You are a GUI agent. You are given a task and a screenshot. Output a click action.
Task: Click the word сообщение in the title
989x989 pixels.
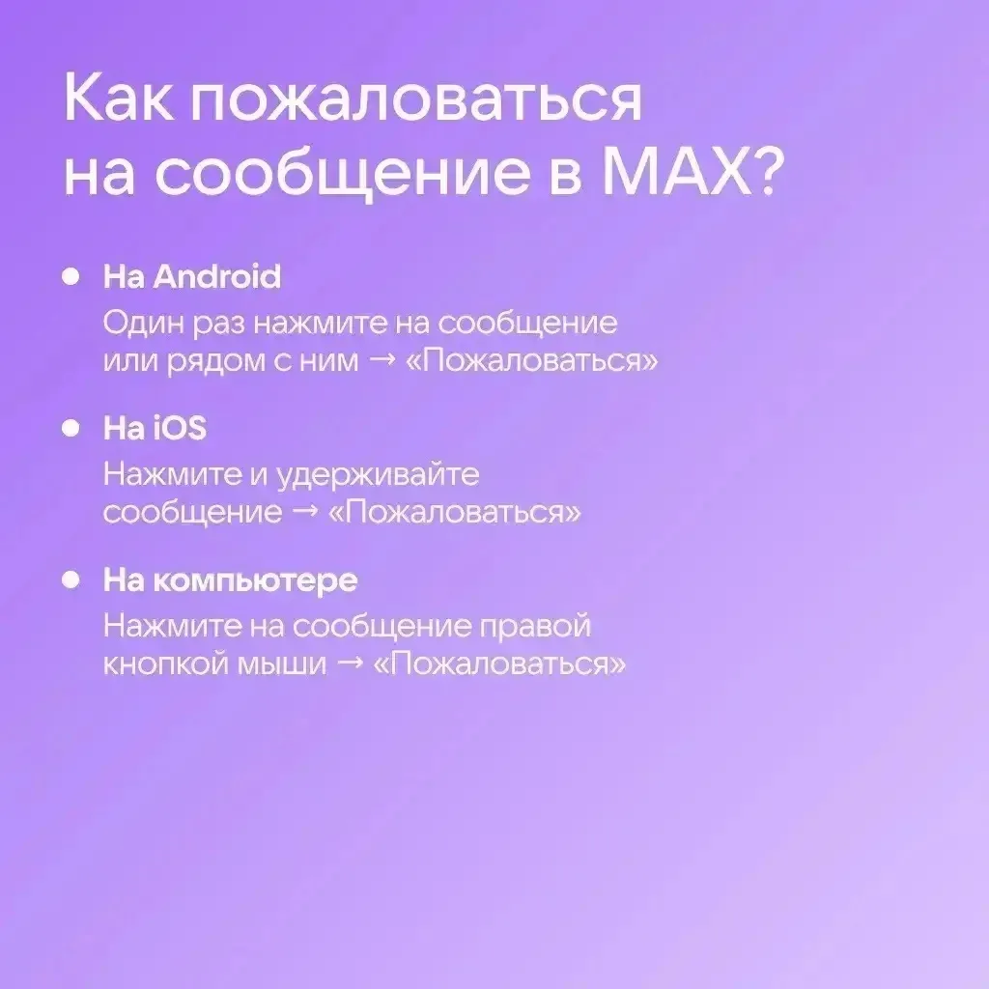(x=343, y=174)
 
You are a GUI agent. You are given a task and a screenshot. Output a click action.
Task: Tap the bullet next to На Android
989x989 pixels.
(x=71, y=277)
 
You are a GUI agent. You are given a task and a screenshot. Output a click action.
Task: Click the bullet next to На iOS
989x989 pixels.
(x=71, y=428)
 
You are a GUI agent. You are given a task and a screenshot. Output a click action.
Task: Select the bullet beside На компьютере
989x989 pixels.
(x=71, y=579)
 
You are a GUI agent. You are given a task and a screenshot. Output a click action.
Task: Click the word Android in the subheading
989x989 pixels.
(x=217, y=277)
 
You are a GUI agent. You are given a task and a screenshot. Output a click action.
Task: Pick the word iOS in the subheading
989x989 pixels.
(x=180, y=428)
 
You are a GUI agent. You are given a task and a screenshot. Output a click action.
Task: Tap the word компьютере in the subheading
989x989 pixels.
(x=255, y=580)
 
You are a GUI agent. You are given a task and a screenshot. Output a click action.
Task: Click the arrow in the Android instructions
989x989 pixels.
(x=381, y=361)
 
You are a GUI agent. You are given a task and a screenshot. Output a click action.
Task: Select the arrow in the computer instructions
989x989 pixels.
(x=351, y=664)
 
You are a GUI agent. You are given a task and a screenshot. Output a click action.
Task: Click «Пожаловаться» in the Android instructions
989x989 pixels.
(x=532, y=361)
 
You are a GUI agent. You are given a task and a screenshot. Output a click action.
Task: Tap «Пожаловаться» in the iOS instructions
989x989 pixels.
(x=455, y=513)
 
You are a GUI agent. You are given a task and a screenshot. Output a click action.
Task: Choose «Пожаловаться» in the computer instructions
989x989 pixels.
(x=500, y=664)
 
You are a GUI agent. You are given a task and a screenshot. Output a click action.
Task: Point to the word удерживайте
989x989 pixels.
(x=378, y=475)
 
